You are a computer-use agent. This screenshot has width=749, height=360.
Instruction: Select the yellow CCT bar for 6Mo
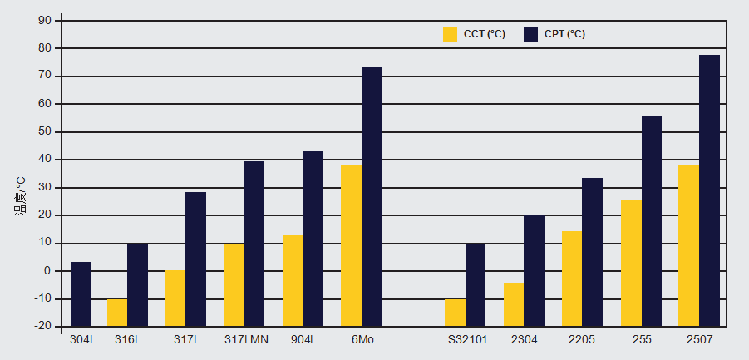coord(351,245)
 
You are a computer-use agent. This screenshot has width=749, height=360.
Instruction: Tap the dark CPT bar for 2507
coord(709,190)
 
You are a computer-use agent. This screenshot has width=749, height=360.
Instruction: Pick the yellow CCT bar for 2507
coord(688,245)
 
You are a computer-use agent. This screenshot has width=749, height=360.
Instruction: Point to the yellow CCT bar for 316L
coord(117,312)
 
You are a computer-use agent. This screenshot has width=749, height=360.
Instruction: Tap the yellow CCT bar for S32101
coord(455,312)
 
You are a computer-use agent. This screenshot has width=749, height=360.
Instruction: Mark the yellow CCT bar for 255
coord(631,263)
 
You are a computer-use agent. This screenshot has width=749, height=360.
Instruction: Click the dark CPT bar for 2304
coord(534,270)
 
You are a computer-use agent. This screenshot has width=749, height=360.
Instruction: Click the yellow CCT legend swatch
coord(451,34)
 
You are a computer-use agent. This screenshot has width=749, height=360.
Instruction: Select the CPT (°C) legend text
coord(565,34)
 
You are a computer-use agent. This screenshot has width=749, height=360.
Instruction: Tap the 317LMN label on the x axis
coord(245,339)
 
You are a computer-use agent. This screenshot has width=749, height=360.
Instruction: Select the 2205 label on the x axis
coord(582,339)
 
